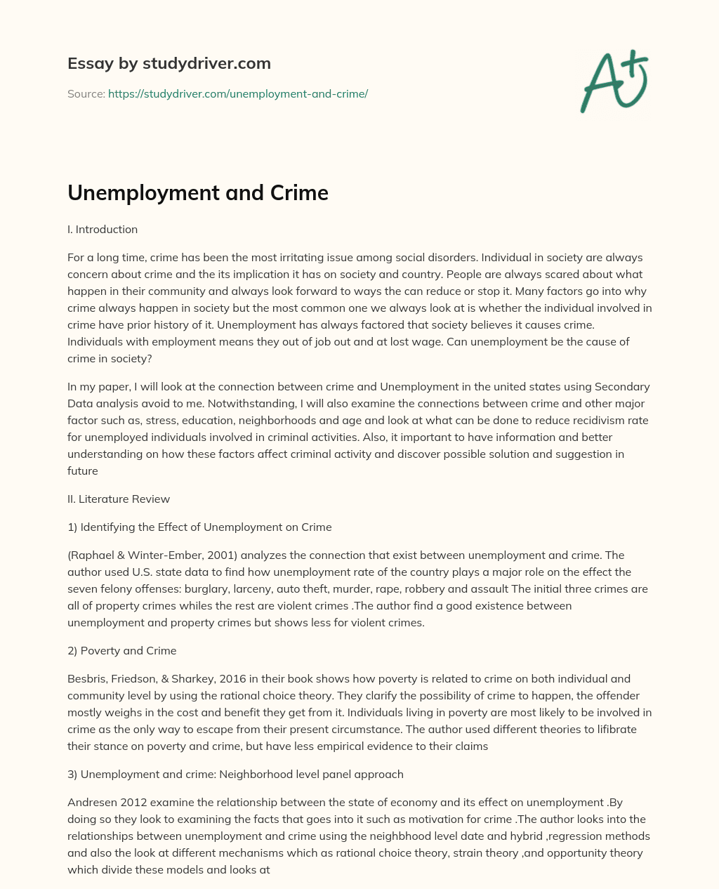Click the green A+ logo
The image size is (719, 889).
[x=614, y=81]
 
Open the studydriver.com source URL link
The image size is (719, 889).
[x=238, y=93]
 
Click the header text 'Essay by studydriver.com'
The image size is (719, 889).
[x=169, y=63]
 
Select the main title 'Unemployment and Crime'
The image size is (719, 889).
[x=198, y=192]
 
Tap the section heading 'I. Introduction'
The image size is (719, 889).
[x=103, y=229]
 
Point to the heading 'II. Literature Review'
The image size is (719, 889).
[x=119, y=499]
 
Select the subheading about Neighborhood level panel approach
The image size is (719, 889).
[x=235, y=774]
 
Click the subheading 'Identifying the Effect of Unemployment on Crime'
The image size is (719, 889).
[x=206, y=527]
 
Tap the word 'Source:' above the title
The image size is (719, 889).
[x=86, y=93]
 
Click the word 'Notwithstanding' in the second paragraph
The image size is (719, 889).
[x=223, y=403]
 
